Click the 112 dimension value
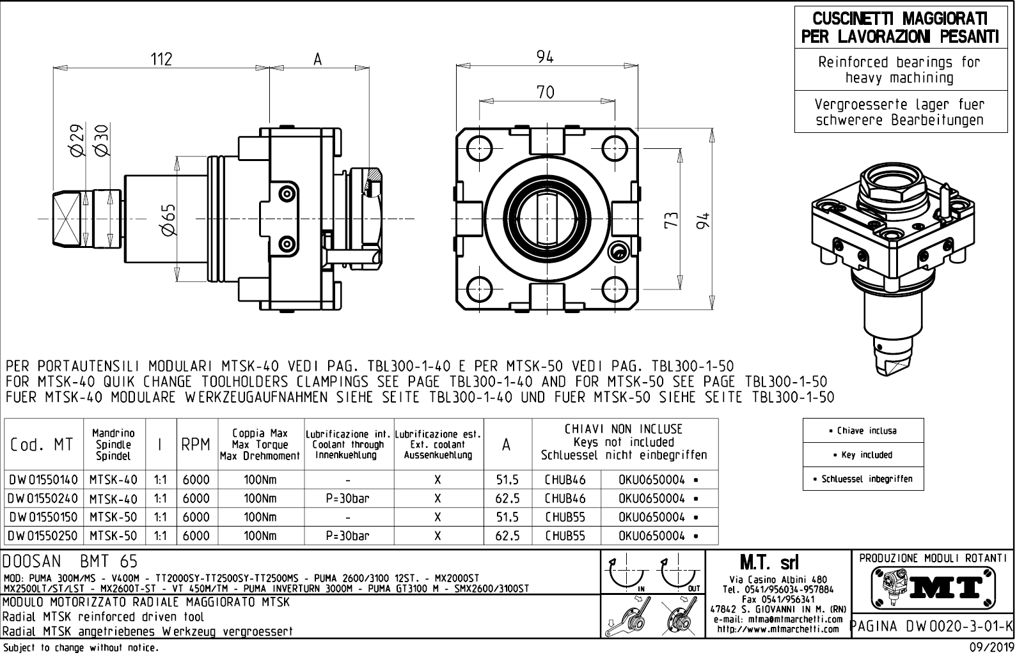click(x=161, y=59)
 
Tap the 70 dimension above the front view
click(x=545, y=92)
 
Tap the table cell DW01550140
click(x=43, y=480)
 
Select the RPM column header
click(x=196, y=445)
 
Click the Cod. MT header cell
click(x=42, y=445)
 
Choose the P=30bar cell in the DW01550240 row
click(x=348, y=498)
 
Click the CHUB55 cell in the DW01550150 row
click(x=565, y=517)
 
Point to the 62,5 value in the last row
click(x=507, y=536)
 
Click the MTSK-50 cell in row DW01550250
click(x=113, y=536)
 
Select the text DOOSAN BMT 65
click(x=70, y=562)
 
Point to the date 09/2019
click(x=986, y=647)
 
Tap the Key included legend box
click(x=863, y=455)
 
